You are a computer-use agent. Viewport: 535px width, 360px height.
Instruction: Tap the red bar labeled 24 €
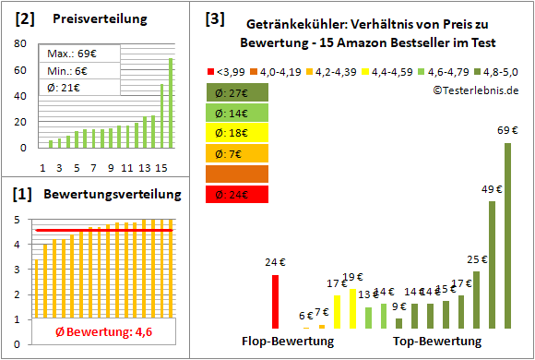[x=275, y=302]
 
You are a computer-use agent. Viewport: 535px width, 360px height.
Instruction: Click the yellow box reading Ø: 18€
[x=239, y=132]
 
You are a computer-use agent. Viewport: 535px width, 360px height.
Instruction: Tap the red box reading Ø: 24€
[x=239, y=194]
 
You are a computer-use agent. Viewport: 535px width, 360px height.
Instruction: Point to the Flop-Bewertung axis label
[x=287, y=342]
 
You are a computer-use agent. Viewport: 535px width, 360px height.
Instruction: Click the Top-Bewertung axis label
[x=436, y=342]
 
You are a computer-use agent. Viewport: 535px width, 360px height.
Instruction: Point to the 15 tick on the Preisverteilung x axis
[x=161, y=168]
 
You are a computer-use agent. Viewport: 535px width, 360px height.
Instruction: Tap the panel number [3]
[x=215, y=18]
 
